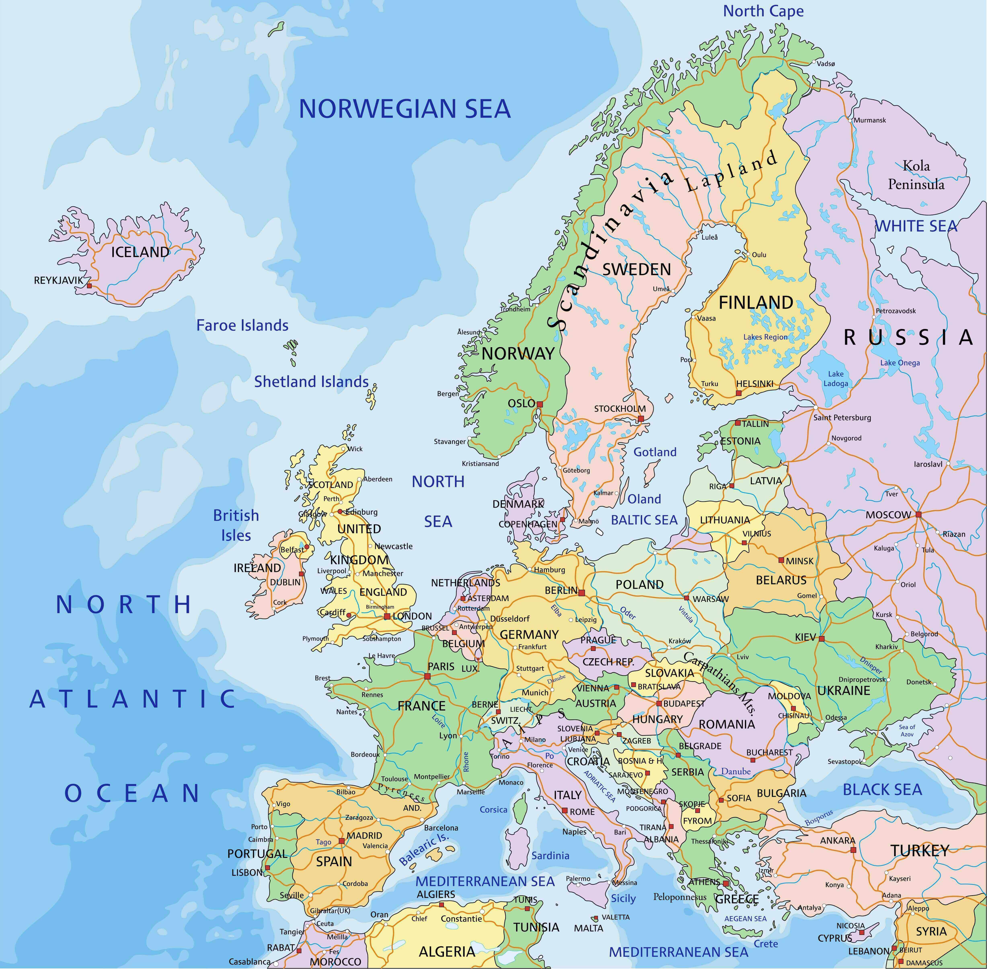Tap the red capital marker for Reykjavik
click(89, 286)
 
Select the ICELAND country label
click(140, 252)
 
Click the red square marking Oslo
click(540, 404)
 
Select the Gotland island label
click(655, 452)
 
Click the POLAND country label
click(640, 584)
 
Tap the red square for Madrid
click(342, 841)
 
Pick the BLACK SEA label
click(882, 789)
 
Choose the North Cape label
click(763, 11)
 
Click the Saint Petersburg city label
click(842, 417)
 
